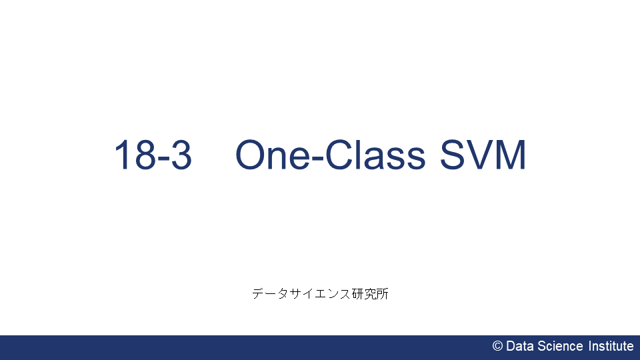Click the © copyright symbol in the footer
(x=497, y=346)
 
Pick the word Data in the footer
(x=519, y=346)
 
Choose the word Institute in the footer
(x=611, y=346)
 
